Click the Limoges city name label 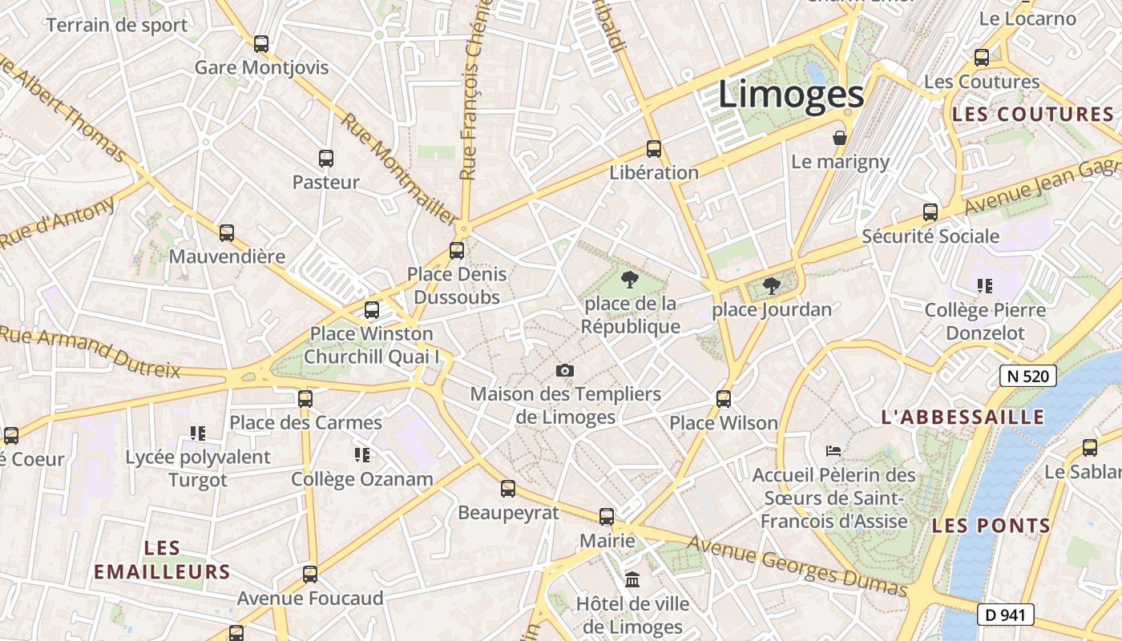(x=791, y=95)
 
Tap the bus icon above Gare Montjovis (x=261, y=44)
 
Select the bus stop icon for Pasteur (x=325, y=159)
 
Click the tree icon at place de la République (x=630, y=280)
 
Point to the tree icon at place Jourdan (x=771, y=285)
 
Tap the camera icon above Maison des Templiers (x=565, y=370)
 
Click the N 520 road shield (x=1027, y=375)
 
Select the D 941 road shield (x=1006, y=615)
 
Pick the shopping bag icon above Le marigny (x=840, y=138)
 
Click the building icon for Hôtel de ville (x=632, y=579)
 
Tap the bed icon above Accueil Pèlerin (x=833, y=451)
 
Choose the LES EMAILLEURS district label (x=163, y=560)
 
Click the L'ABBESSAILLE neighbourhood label (x=963, y=417)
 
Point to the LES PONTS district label (x=991, y=526)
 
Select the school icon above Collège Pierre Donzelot (x=985, y=286)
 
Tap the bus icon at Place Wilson (x=724, y=398)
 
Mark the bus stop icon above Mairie (x=607, y=517)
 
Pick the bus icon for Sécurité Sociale (x=930, y=212)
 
